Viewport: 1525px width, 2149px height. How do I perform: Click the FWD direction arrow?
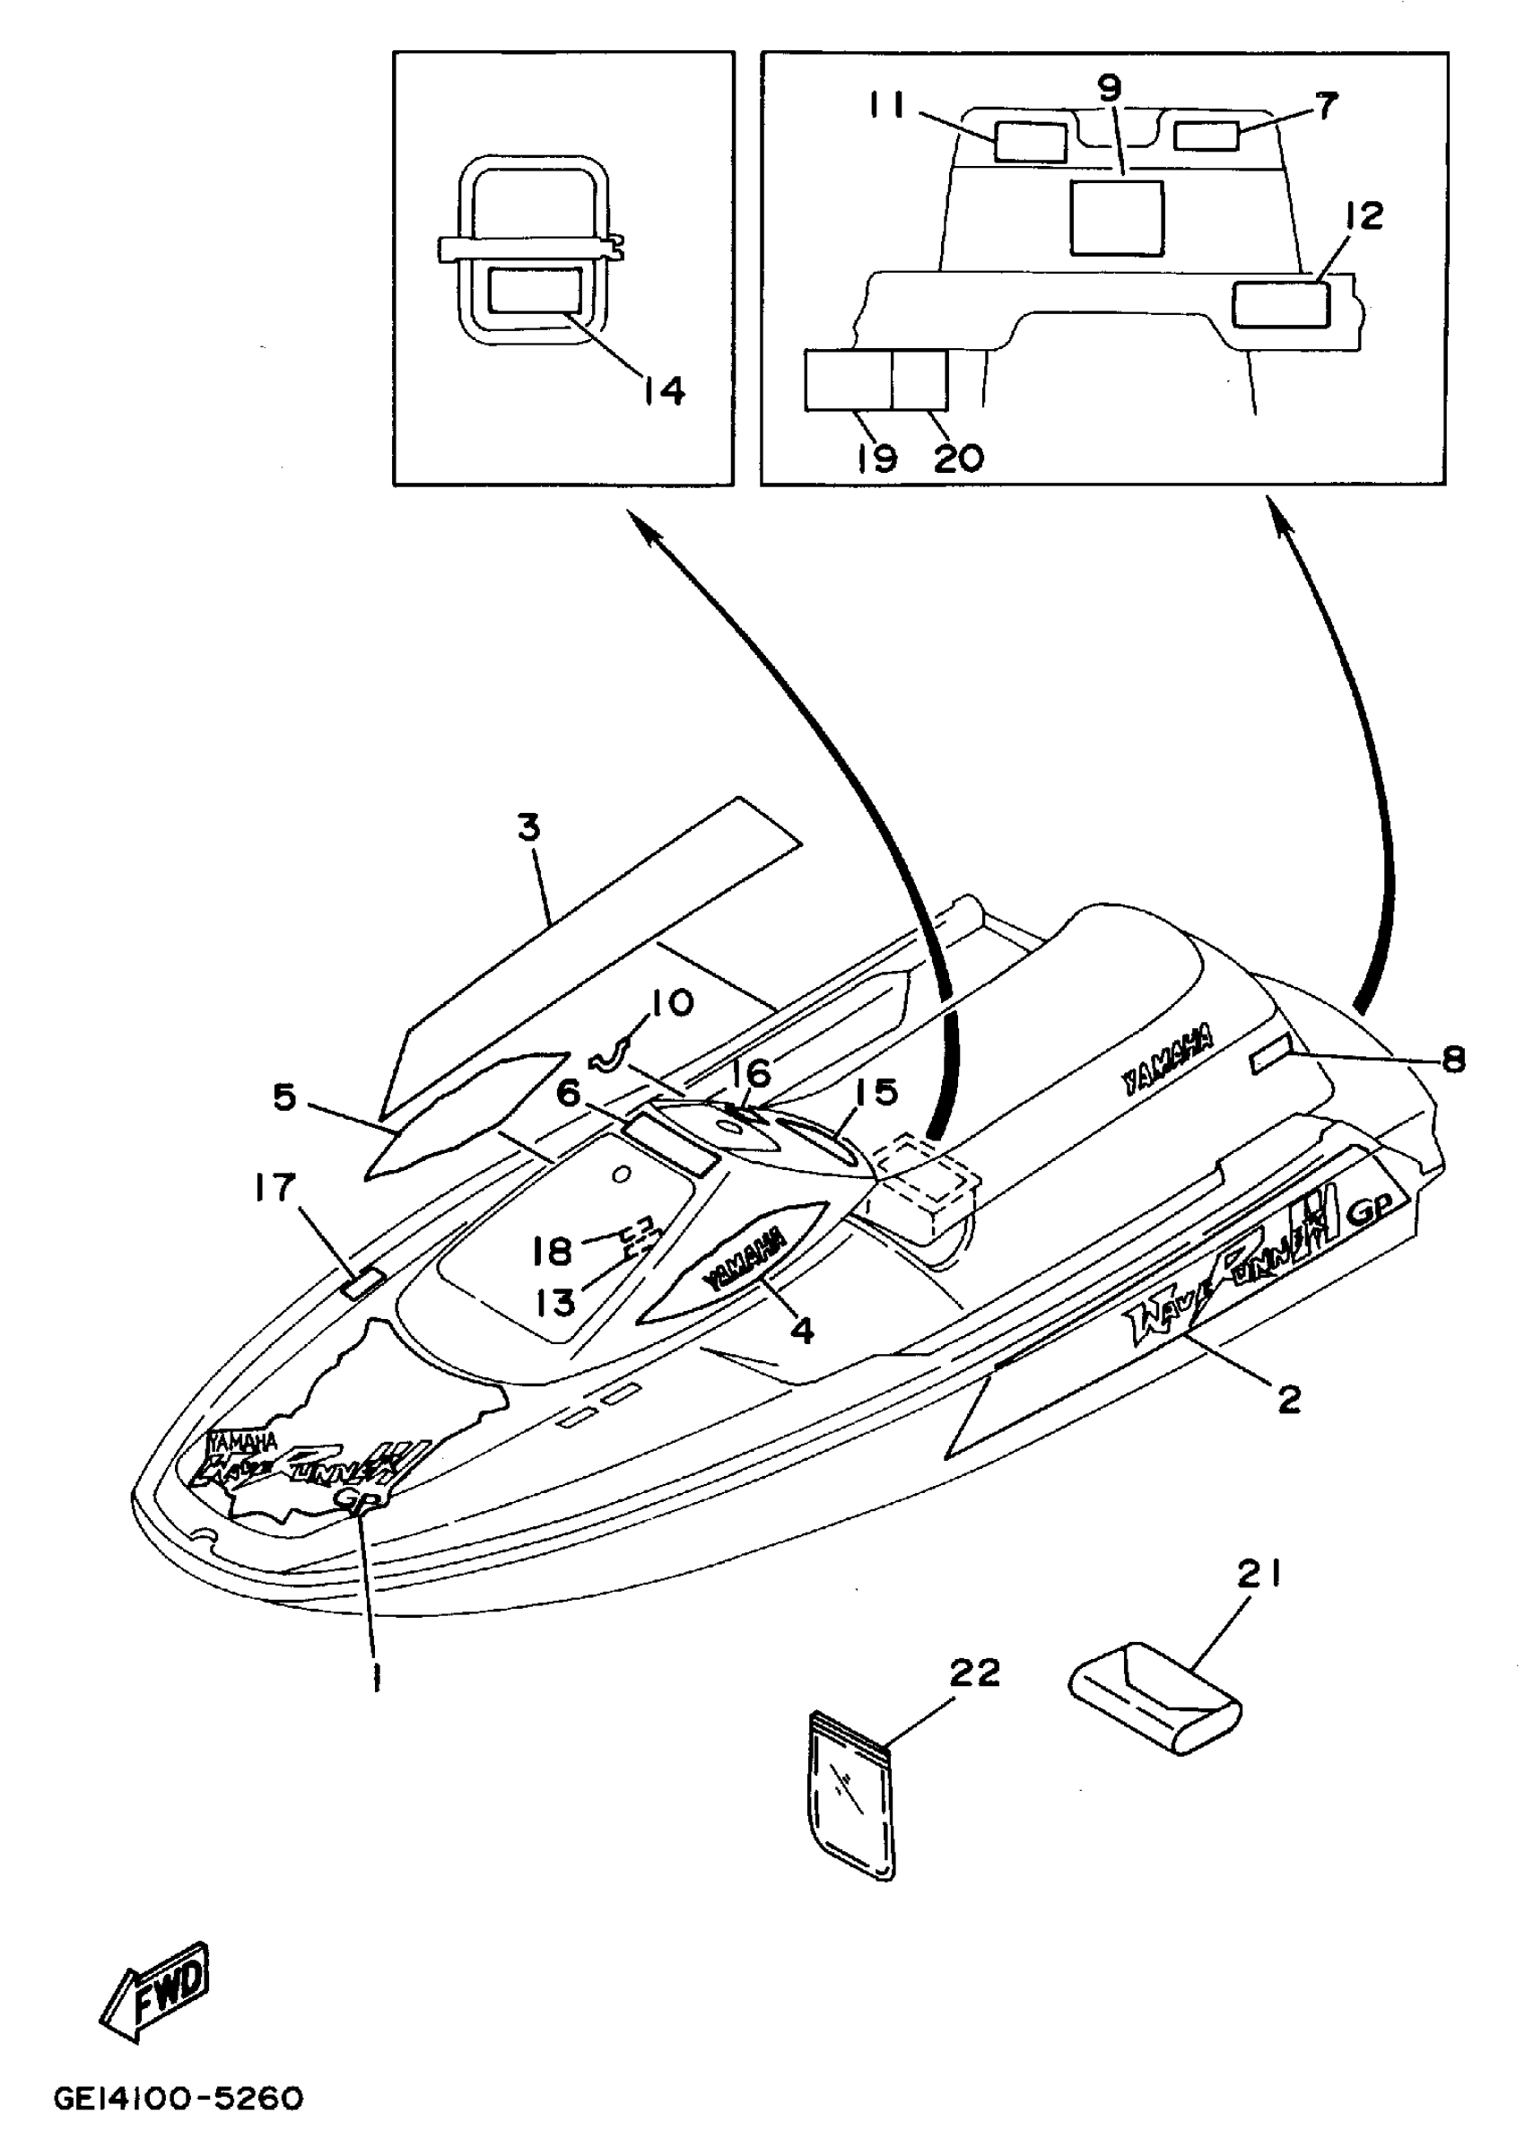pyautogui.click(x=156, y=1989)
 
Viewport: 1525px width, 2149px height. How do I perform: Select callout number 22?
pyautogui.click(x=975, y=1673)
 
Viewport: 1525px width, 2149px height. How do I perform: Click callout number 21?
pyautogui.click(x=1259, y=1575)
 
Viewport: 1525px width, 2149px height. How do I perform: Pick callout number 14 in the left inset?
pyautogui.click(x=664, y=389)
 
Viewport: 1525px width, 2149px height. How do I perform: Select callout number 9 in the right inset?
pyautogui.click(x=1109, y=89)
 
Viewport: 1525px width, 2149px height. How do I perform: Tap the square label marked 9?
pyautogui.click(x=1118, y=218)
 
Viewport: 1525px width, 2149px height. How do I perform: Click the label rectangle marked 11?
pyautogui.click(x=1030, y=143)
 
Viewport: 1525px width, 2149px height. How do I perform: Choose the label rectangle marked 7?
pyautogui.click(x=1207, y=135)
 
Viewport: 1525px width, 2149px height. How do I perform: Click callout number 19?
pyautogui.click(x=877, y=459)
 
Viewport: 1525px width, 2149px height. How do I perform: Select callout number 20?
pyautogui.click(x=958, y=459)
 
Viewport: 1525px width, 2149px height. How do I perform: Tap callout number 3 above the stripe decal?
pyautogui.click(x=529, y=828)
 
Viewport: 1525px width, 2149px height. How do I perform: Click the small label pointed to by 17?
pyautogui.click(x=363, y=1282)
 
